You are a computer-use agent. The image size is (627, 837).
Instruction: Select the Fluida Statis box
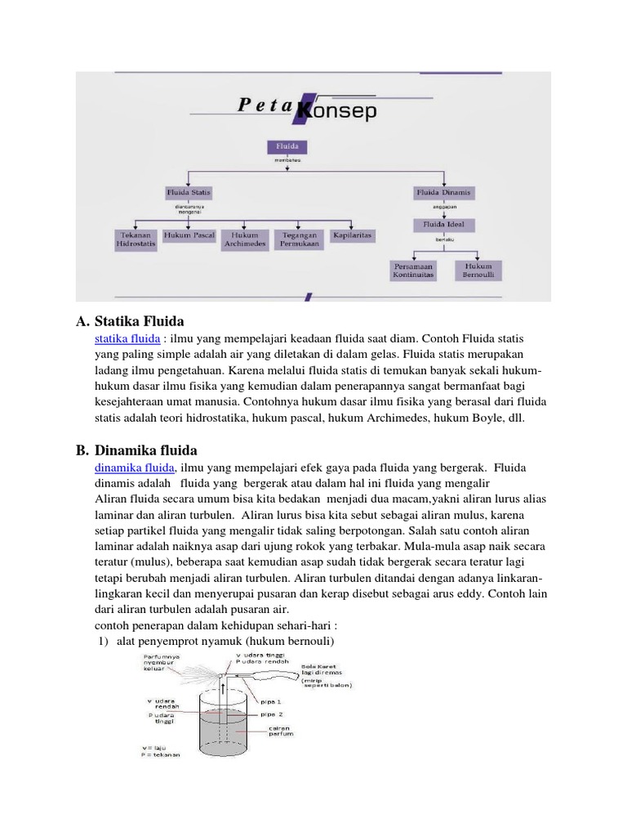(189, 192)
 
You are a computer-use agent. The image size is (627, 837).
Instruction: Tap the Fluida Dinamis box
(444, 193)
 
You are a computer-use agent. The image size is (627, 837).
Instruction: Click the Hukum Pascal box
(189, 235)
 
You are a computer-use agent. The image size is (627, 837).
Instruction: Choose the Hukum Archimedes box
(244, 239)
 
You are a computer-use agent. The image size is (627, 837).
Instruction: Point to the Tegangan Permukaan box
(299, 239)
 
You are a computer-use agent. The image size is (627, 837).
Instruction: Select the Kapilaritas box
(352, 235)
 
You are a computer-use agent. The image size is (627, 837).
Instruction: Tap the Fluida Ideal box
(444, 224)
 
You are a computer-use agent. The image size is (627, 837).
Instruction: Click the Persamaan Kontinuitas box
(415, 271)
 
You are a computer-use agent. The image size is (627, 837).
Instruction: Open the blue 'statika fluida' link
(127, 338)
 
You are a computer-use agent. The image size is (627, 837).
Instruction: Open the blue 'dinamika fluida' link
(135, 467)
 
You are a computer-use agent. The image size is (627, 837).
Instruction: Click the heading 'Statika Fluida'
(140, 320)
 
